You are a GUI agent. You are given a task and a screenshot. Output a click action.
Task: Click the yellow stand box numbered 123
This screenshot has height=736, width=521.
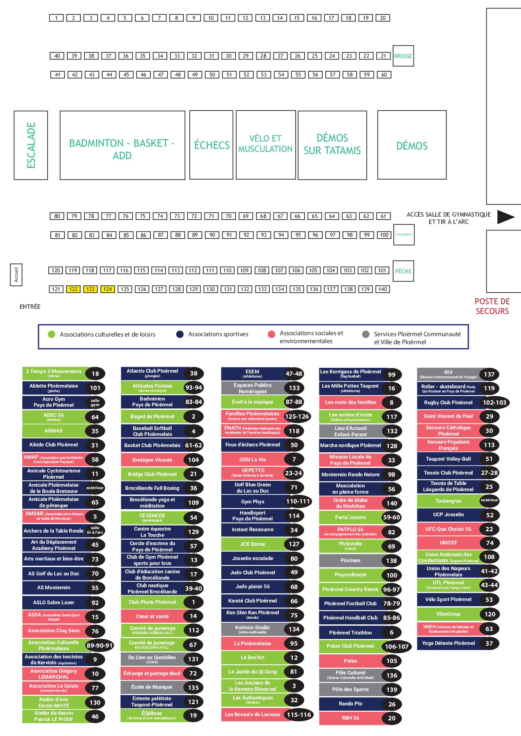[x=90, y=289]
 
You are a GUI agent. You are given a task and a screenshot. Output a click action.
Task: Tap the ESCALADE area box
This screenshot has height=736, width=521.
[x=31, y=145]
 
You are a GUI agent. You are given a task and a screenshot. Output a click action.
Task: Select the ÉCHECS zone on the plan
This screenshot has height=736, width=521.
[x=211, y=145]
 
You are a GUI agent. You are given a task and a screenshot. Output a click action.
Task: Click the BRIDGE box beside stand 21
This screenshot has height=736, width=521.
[x=403, y=56]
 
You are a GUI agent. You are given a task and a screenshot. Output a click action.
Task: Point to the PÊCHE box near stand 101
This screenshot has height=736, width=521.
[x=403, y=271]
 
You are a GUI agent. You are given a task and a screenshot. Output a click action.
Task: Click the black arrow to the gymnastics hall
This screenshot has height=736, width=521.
[x=505, y=217]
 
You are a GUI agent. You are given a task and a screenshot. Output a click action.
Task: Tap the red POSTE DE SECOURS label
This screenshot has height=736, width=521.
[x=492, y=306]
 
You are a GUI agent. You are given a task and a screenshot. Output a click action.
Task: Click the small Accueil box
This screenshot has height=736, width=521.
[x=16, y=275]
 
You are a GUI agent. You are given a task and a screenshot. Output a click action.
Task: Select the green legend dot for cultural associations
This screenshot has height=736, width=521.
[x=52, y=334]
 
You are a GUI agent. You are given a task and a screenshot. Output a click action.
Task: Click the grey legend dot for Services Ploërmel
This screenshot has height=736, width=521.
[x=365, y=334]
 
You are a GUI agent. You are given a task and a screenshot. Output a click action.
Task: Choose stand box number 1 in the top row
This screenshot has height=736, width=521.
[x=56, y=18]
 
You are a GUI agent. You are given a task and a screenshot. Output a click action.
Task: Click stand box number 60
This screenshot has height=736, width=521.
[x=384, y=75]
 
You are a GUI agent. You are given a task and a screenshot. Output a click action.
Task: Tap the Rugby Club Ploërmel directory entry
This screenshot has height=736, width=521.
[x=448, y=403]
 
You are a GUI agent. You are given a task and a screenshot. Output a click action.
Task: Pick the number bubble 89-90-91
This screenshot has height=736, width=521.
[x=100, y=646]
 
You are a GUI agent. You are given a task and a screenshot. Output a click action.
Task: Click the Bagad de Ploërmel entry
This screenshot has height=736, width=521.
[x=152, y=416]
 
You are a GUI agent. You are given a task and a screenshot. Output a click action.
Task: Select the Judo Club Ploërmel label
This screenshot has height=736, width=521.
[x=253, y=573]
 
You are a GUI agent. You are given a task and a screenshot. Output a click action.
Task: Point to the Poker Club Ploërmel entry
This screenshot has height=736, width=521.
[x=350, y=646]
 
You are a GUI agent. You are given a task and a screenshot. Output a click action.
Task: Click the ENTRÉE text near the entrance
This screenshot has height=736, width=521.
[x=30, y=307]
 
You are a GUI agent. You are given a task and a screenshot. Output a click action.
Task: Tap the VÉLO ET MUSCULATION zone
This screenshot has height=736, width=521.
[x=266, y=144]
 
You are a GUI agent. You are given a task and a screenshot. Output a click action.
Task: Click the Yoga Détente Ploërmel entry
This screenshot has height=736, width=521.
[x=448, y=643]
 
